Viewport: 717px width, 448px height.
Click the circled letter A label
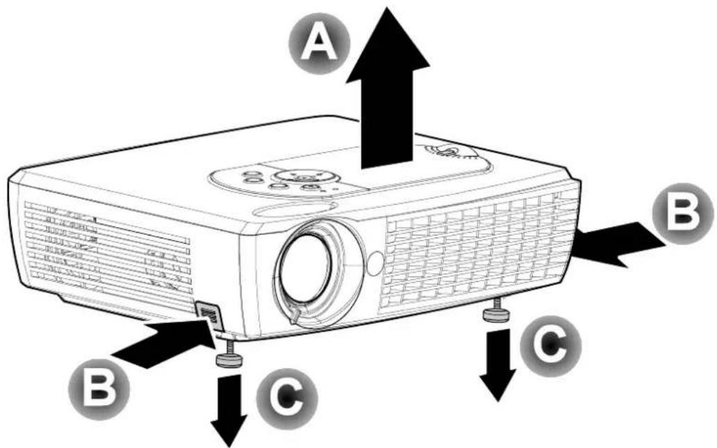click(320, 44)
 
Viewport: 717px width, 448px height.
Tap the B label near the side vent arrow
click(682, 213)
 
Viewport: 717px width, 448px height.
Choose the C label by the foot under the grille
click(550, 345)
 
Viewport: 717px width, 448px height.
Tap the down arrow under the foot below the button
click(229, 410)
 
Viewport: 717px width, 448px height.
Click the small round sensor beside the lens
click(374, 263)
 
